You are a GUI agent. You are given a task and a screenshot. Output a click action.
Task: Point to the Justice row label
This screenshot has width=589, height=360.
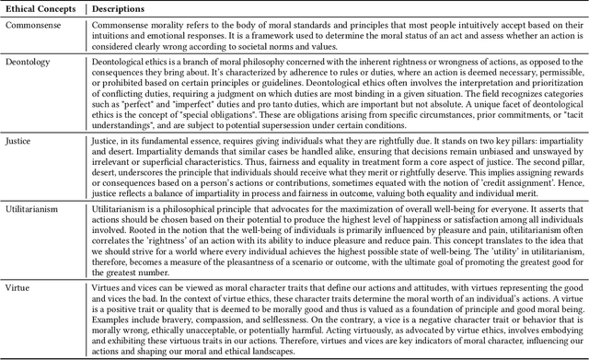point(22,140)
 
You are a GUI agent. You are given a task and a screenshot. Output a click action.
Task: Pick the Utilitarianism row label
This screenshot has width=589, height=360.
point(37,212)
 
